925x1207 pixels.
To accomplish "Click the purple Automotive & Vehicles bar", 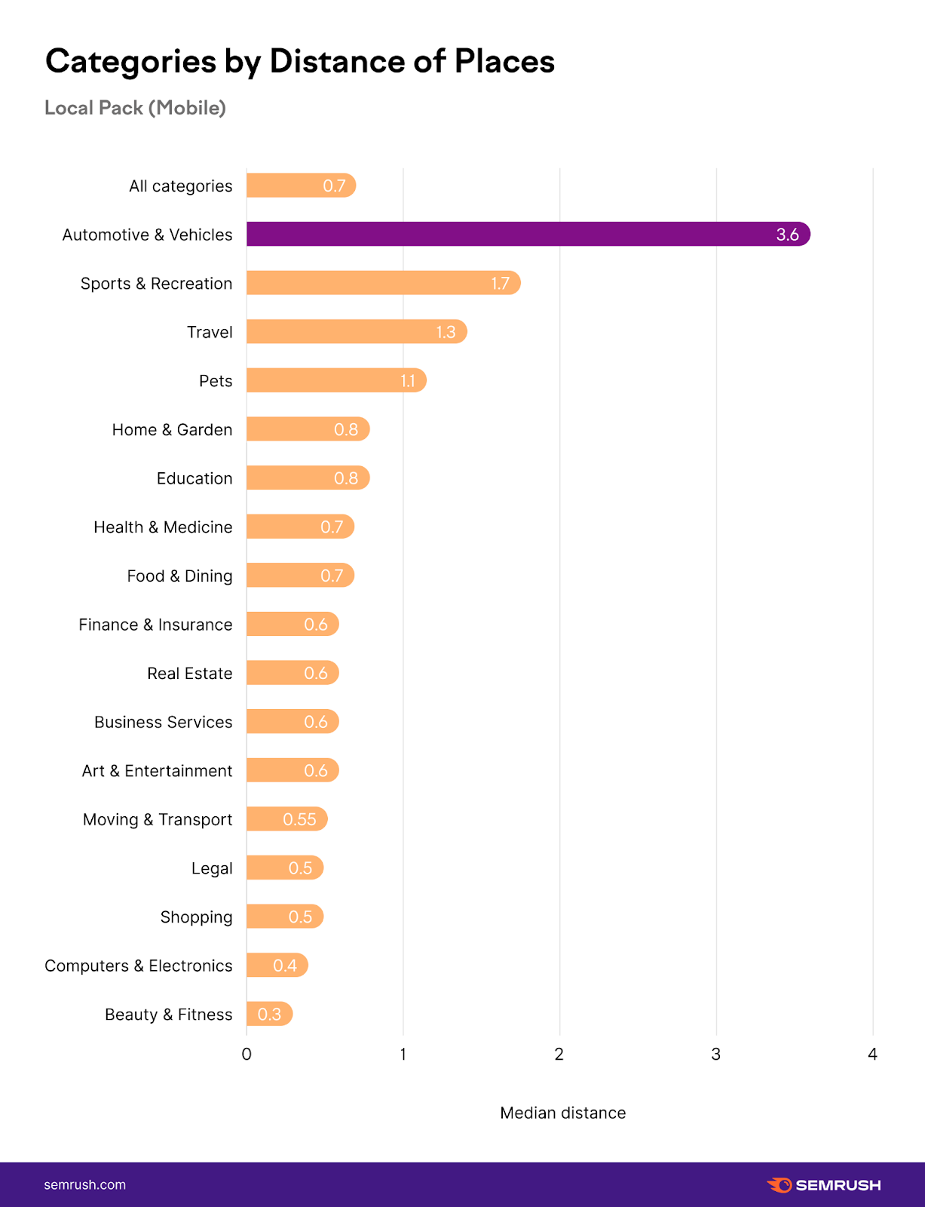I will pos(528,234).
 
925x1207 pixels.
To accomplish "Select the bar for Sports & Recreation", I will pos(383,283).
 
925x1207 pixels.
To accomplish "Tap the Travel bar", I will pos(357,332).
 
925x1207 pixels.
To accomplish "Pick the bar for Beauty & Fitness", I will pos(269,1014).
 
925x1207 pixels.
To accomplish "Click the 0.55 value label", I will pos(299,819).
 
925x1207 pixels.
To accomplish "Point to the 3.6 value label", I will pos(787,235).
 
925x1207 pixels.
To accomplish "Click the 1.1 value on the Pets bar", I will pos(408,381).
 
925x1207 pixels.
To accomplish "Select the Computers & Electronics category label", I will pos(139,966).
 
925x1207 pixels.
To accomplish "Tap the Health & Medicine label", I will pos(163,527).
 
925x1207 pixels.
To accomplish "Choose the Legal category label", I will pos(212,868).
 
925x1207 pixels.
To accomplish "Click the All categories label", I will pos(180,186).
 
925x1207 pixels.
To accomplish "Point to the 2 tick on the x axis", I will pos(559,1054).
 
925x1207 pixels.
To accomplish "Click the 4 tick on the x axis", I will pos(872,1054).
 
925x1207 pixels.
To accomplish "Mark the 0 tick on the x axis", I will pos(247,1054).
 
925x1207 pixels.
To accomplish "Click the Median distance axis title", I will pos(562,1113).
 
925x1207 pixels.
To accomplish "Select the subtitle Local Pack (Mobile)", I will pos(135,108).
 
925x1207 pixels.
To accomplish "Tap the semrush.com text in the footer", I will pos(85,1184).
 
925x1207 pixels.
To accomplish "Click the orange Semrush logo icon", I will pos(780,1184).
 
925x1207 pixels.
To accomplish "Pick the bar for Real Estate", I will pos(293,673).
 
